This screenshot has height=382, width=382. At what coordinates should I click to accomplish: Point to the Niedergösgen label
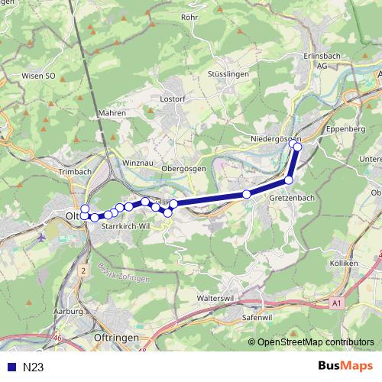pyautogui.click(x=276, y=138)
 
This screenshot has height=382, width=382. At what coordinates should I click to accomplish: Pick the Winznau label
pyautogui.click(x=138, y=163)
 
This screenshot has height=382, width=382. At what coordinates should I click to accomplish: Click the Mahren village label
pyautogui.click(x=112, y=112)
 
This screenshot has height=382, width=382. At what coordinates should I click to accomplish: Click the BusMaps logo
pyautogui.click(x=345, y=367)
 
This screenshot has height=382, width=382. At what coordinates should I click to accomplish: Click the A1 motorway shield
pyautogui.click(x=337, y=303)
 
